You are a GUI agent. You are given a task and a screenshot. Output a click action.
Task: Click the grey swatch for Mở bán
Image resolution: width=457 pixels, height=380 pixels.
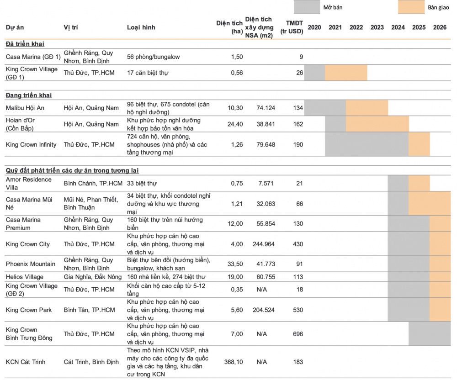[307, 7]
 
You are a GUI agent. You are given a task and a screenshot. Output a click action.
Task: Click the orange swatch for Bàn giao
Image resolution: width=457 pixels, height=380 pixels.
[411, 7]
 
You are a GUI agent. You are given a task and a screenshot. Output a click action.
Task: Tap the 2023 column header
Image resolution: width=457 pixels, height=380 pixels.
[377, 27]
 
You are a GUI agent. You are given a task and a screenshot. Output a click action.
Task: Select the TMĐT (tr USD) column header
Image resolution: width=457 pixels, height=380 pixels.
[292, 27]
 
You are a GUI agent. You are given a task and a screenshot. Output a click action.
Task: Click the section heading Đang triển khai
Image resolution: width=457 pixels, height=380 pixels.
[29, 95]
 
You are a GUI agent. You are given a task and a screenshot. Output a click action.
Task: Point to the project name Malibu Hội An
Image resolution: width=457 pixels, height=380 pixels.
[25, 108]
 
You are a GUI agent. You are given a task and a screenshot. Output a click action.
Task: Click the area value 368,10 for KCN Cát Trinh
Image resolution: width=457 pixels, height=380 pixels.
[234, 362]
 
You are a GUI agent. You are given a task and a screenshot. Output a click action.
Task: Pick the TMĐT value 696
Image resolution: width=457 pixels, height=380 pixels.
[298, 334]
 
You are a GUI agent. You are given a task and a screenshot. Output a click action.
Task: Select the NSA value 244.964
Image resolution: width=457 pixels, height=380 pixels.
[264, 244]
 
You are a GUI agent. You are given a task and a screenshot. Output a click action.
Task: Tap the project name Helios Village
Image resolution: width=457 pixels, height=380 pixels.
[25, 277]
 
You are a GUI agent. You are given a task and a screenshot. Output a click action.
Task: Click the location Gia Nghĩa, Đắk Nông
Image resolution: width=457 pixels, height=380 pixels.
[93, 277]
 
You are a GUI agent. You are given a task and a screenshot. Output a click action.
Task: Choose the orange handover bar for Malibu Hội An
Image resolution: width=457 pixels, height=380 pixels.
[367, 108]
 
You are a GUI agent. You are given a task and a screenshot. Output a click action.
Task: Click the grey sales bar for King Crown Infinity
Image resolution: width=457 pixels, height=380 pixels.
[367, 144]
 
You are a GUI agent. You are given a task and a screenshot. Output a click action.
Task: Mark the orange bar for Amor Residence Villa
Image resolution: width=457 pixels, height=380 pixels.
[419, 183]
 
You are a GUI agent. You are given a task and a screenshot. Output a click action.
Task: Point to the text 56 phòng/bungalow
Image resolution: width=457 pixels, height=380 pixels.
[153, 57]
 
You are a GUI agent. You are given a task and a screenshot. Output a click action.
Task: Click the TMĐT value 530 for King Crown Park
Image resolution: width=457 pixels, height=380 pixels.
[298, 310]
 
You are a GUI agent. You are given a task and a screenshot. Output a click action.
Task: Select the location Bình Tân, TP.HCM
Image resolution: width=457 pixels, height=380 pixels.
[89, 310]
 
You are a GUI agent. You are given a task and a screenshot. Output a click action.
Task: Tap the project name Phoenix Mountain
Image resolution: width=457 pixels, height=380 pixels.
[30, 264]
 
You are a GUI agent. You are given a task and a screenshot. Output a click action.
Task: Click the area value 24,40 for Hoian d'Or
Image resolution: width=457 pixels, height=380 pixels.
[235, 124]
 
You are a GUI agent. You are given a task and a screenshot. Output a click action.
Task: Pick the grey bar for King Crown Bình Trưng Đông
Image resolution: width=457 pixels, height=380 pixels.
[430, 334]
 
